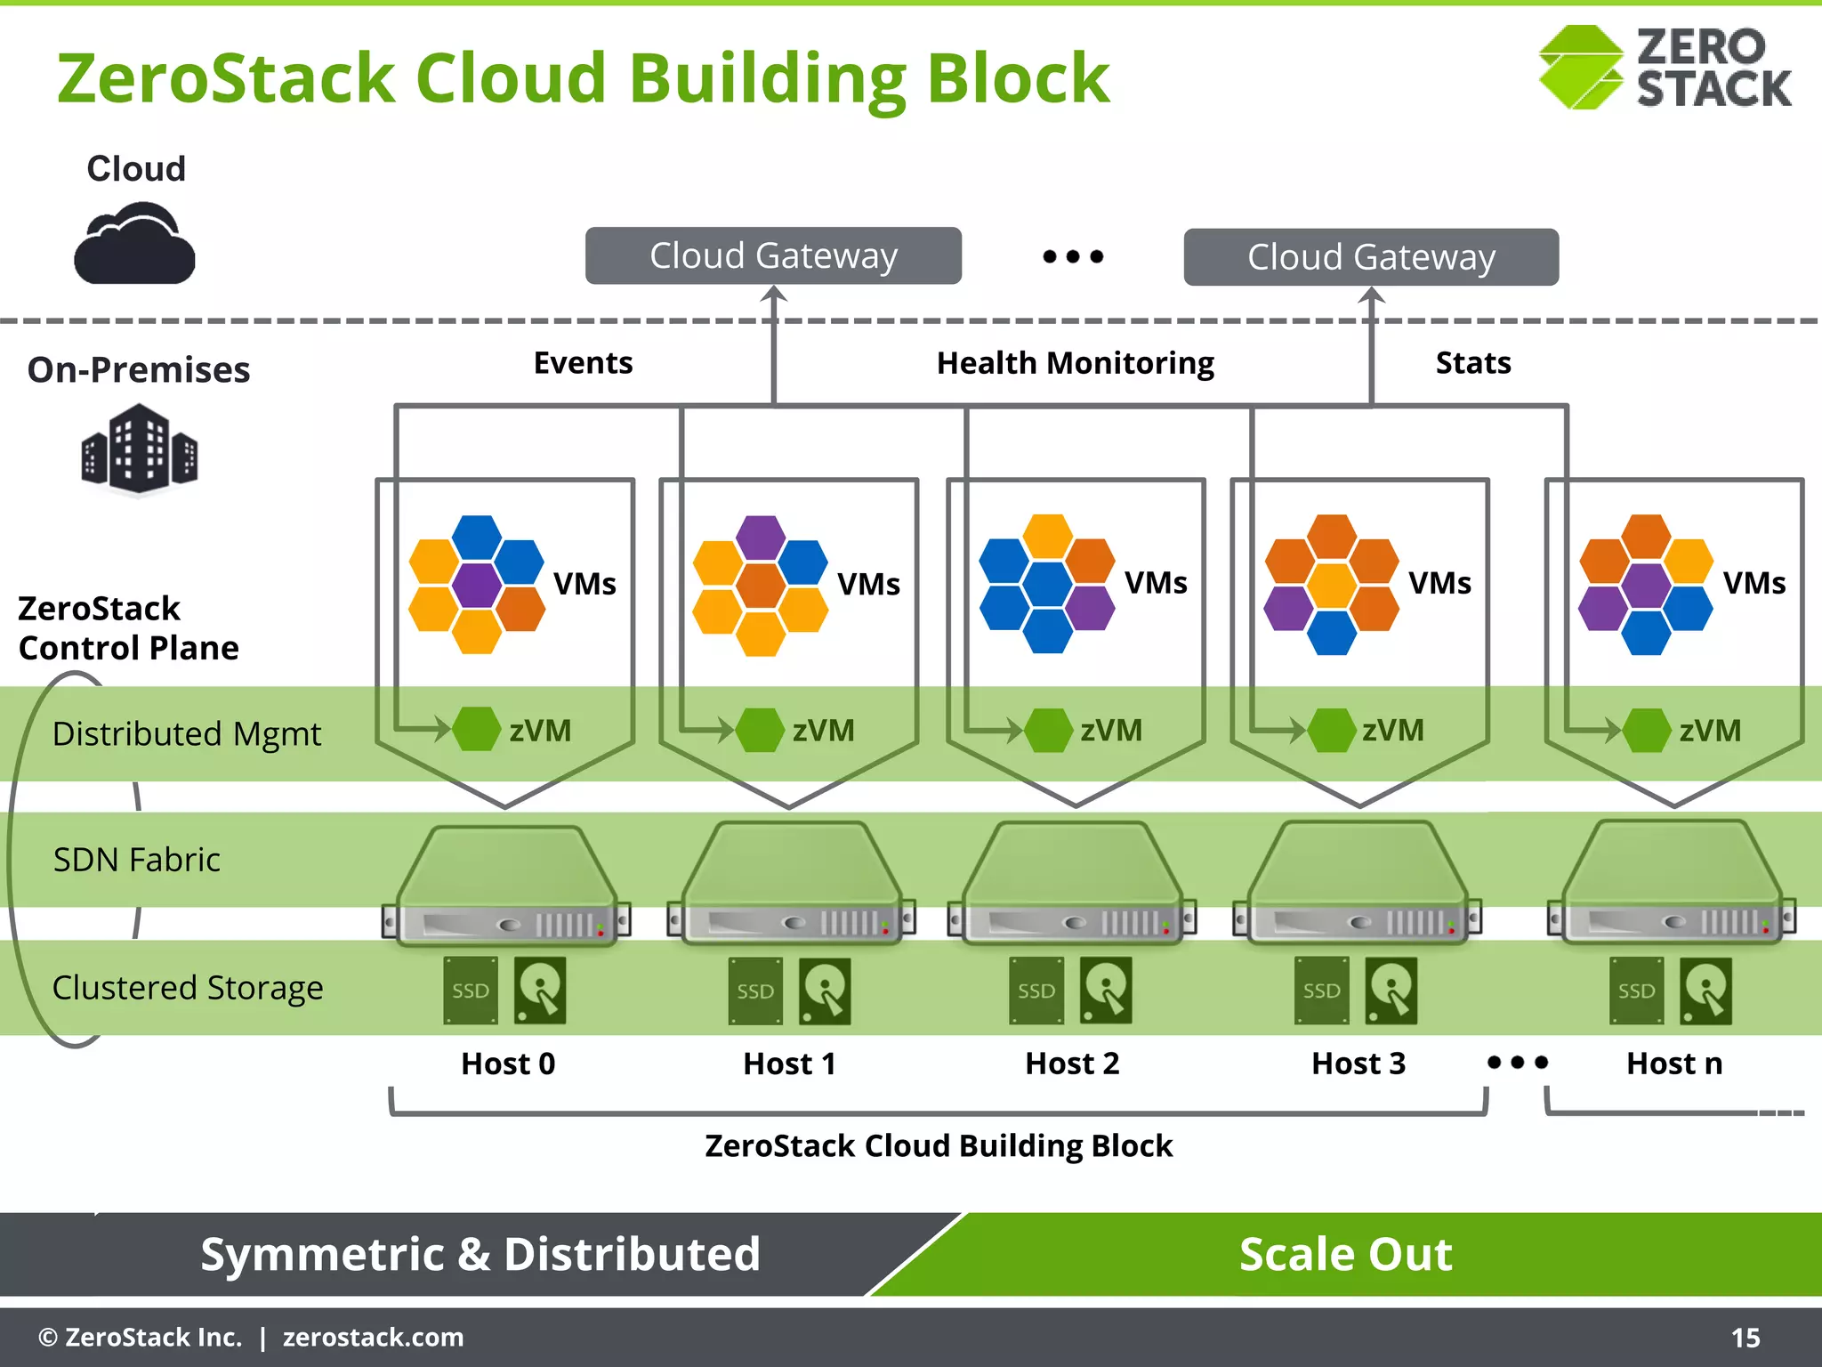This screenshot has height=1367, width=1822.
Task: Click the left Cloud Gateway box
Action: (773, 255)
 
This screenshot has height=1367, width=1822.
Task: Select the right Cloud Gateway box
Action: (1371, 257)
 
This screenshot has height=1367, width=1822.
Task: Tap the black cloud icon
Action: (134, 244)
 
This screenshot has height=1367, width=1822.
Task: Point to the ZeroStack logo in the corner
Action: (1665, 68)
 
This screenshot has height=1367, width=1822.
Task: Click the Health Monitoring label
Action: (1075, 363)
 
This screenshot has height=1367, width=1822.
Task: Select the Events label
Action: (583, 363)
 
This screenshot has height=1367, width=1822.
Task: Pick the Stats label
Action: (1473, 363)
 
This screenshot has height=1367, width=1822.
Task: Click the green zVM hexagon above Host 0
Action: (477, 729)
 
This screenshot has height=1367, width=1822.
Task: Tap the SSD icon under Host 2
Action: (1036, 991)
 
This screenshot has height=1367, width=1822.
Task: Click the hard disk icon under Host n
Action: (1705, 991)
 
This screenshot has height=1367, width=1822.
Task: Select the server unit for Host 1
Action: (790, 886)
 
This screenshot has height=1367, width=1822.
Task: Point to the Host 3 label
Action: (1358, 1064)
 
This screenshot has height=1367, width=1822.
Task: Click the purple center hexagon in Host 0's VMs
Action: (477, 584)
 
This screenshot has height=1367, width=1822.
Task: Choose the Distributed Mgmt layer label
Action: (187, 734)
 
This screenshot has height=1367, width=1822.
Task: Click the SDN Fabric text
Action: (137, 860)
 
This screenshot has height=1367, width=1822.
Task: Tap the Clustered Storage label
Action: (188, 988)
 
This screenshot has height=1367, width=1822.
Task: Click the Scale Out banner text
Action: (1345, 1254)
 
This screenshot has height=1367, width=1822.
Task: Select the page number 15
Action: (1745, 1338)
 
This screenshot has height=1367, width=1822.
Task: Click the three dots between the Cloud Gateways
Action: (1073, 256)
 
